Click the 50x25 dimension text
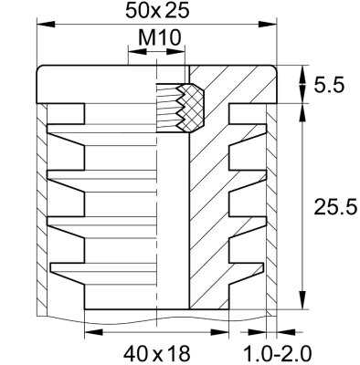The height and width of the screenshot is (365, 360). point(158,12)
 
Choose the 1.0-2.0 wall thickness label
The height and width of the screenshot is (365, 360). point(291,351)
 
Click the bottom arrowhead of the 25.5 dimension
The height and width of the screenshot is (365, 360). point(301,306)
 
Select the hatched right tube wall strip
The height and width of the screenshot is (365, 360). point(270,201)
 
